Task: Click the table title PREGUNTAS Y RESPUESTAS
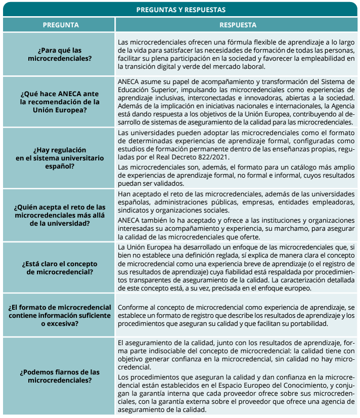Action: pyautogui.click(x=181, y=10)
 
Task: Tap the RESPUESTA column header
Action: pyautogui.click(x=238, y=25)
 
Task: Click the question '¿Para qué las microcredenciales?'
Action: pyautogui.click(x=60, y=55)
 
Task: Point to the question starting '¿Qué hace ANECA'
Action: pyautogui.click(x=60, y=102)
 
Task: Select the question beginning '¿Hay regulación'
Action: pyautogui.click(x=60, y=158)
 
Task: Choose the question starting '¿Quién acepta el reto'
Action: pyautogui.click(x=60, y=216)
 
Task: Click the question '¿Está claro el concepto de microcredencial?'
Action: pyautogui.click(x=60, y=268)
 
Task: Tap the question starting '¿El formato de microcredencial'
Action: pyautogui.click(x=60, y=315)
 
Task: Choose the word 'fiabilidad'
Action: pyautogui.click(x=238, y=272)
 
